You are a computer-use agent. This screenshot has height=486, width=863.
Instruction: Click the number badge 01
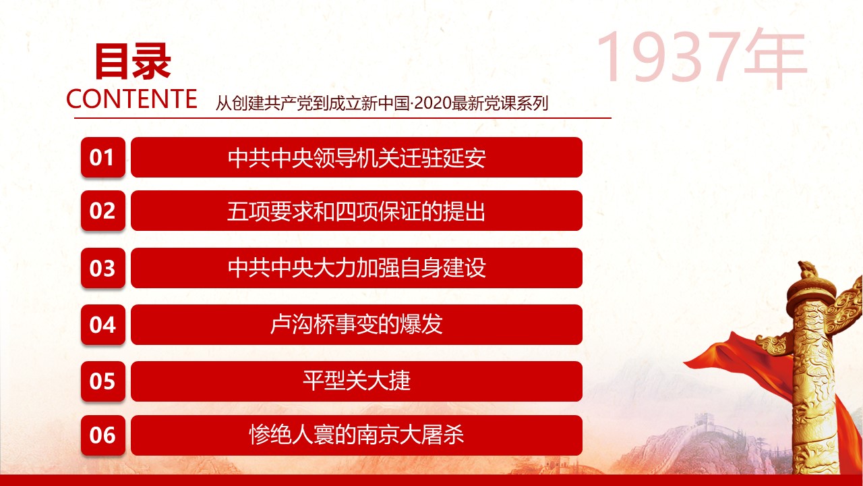[103, 157]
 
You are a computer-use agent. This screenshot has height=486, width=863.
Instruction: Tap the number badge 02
[103, 211]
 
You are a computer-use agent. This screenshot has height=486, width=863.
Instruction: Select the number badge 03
[103, 268]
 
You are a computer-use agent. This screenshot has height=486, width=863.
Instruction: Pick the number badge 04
[103, 325]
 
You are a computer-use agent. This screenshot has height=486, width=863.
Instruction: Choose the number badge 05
[103, 381]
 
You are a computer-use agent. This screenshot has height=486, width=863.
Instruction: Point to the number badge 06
[103, 435]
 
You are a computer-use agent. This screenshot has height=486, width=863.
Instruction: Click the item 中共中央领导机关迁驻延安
[357, 157]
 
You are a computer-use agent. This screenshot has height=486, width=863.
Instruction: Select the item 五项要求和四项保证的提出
[357, 211]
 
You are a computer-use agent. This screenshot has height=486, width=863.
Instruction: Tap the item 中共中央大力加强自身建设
[357, 268]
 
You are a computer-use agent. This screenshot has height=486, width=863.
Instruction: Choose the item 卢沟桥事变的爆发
[357, 325]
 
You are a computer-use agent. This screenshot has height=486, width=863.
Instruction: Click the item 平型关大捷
[357, 381]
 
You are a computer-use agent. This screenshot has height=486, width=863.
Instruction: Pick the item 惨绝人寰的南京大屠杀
[357, 435]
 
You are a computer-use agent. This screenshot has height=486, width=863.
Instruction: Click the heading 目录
[133, 61]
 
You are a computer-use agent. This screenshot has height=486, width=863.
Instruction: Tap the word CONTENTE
[131, 99]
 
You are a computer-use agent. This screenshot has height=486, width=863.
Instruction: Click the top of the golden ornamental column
[806, 268]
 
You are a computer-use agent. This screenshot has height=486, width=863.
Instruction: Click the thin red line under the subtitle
[343, 118]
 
